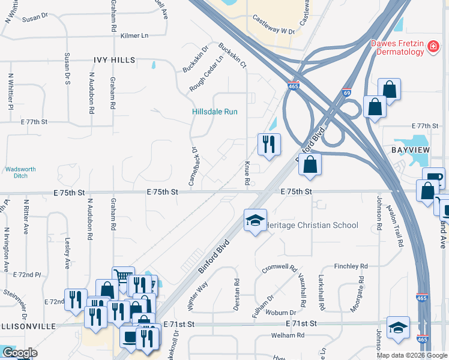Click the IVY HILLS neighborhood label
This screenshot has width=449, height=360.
click(114, 60)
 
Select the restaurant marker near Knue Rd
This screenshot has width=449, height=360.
click(268, 143)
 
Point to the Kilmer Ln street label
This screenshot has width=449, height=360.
click(134, 36)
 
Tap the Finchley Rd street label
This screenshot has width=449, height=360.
click(351, 266)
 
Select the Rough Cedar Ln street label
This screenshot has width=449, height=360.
click(206, 75)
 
